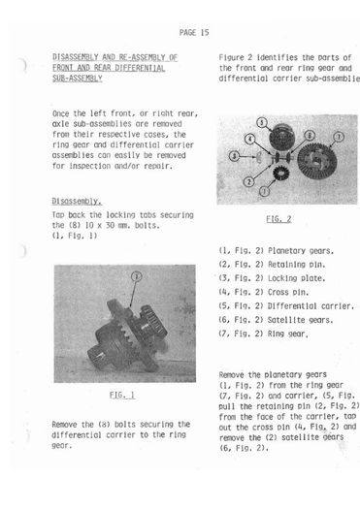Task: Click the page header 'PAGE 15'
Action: (x=194, y=32)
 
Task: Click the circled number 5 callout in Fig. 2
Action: (x=262, y=123)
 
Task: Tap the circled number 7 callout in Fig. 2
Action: (x=339, y=137)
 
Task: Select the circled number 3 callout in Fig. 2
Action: (x=234, y=156)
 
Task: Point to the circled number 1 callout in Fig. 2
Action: (x=264, y=191)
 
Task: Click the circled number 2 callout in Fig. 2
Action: (x=248, y=181)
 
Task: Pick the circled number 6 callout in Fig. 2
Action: (x=310, y=136)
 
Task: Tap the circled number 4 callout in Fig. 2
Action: (x=249, y=139)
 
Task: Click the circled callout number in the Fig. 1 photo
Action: (x=137, y=276)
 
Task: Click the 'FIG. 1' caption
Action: (x=122, y=395)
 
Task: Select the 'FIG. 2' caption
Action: (x=278, y=219)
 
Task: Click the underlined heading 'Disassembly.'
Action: (x=77, y=202)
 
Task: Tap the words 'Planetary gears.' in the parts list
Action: (x=301, y=251)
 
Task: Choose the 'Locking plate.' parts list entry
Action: (x=296, y=278)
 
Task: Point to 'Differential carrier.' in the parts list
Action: (x=311, y=306)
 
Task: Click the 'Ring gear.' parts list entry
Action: (x=288, y=334)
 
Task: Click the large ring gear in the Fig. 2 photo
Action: (x=316, y=161)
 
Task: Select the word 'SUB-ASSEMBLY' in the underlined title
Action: (x=78, y=79)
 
